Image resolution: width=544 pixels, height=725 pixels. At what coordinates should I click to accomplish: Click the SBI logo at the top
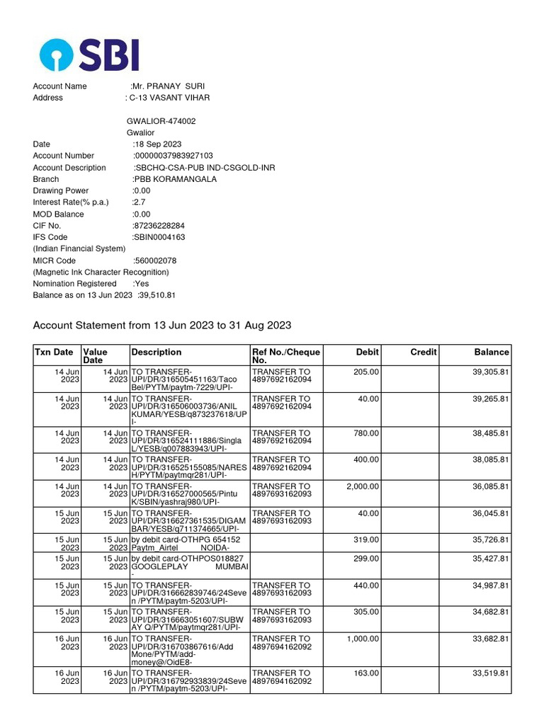tap(89, 54)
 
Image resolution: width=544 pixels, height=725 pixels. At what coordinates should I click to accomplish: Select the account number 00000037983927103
tap(173, 156)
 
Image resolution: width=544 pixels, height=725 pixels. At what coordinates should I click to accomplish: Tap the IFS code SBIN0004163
tap(159, 237)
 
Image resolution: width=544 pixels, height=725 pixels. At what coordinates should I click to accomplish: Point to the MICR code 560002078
tap(155, 261)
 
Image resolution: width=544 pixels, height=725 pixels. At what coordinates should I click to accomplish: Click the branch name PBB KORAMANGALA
tap(175, 179)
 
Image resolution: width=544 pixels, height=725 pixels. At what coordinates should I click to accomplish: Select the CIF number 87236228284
tap(159, 226)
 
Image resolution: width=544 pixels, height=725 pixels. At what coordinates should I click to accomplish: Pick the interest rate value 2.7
tap(139, 202)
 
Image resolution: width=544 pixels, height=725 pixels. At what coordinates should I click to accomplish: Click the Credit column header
tap(424, 352)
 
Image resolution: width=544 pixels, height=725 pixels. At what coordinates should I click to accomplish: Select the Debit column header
tap(367, 352)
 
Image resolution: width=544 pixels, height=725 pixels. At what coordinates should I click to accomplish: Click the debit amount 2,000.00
tap(363, 486)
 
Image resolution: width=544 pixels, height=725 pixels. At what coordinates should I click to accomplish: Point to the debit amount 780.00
tap(366, 433)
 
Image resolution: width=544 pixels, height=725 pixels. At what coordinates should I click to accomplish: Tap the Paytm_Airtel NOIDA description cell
tap(188, 544)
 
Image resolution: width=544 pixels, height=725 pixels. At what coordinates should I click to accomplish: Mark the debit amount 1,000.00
tap(363, 639)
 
